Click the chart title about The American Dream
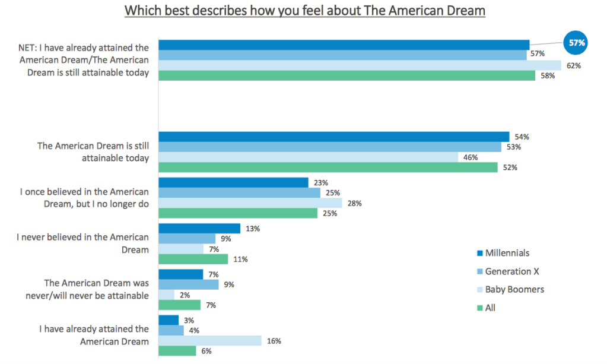[304, 11]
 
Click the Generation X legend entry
[507, 271]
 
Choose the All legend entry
[490, 308]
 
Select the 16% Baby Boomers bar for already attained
[210, 341]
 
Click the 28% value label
[355, 203]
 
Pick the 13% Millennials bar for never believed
[199, 229]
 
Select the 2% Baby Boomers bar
[166, 295]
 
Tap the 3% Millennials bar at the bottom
[169, 320]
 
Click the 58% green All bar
[347, 76]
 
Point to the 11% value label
[240, 259]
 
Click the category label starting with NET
[84, 60]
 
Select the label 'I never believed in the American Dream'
[83, 243]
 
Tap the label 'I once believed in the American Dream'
[84, 198]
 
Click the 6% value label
[207, 351]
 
